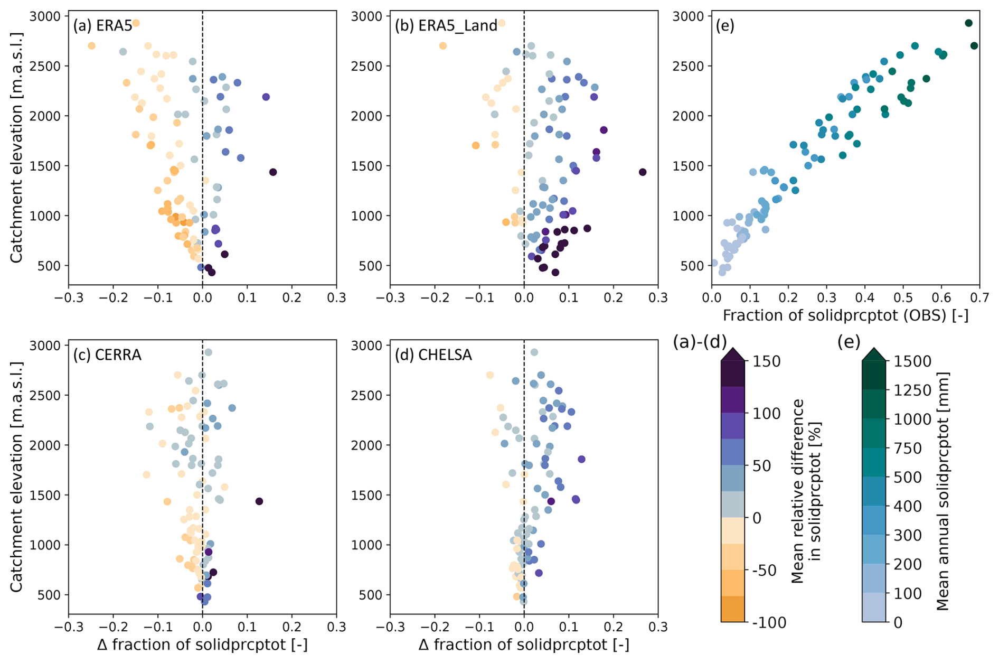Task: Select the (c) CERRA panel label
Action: point(108,354)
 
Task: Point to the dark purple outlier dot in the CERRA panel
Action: point(259,501)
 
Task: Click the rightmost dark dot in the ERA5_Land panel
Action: point(643,172)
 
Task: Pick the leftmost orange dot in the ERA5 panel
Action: point(92,46)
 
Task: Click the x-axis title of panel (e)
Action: point(845,315)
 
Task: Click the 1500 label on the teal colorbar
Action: point(912,361)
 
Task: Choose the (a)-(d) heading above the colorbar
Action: point(700,342)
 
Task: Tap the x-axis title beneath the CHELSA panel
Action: point(524,645)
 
